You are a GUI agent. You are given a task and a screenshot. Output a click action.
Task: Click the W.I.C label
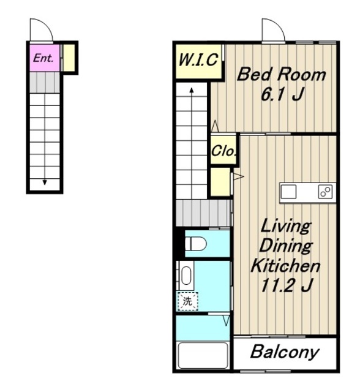pos(198,60)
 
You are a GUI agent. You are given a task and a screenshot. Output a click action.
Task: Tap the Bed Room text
pos(281,75)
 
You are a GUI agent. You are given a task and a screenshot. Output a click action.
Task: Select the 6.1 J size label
pos(282,94)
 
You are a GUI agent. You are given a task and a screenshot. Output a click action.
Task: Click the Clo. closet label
pos(223,151)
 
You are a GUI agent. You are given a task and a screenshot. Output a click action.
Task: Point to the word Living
pos(286,226)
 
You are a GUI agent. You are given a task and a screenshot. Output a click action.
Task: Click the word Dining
pos(286,245)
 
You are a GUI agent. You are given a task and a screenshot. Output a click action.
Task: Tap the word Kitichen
pos(285,265)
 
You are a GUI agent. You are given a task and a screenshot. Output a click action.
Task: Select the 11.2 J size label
pos(287,285)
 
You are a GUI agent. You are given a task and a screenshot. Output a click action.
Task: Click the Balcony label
pos(285,352)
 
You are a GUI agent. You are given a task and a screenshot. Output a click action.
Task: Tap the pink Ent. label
pos(43,58)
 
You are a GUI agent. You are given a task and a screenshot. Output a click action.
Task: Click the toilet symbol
pos(196,244)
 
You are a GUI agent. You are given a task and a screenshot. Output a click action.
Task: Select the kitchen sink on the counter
pos(288,192)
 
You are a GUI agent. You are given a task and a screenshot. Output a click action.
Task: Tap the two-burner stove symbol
pos(325,192)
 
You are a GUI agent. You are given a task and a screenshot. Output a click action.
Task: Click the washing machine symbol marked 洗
pos(187,301)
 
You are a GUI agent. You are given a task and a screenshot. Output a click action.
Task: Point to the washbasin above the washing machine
pos(186,275)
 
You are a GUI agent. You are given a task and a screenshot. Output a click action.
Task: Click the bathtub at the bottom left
pos(203,355)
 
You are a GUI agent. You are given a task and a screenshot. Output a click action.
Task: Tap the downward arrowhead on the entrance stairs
pos(45,183)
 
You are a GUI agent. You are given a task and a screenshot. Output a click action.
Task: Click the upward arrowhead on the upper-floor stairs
pos(192,90)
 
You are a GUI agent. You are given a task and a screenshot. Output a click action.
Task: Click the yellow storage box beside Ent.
pos(69,58)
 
